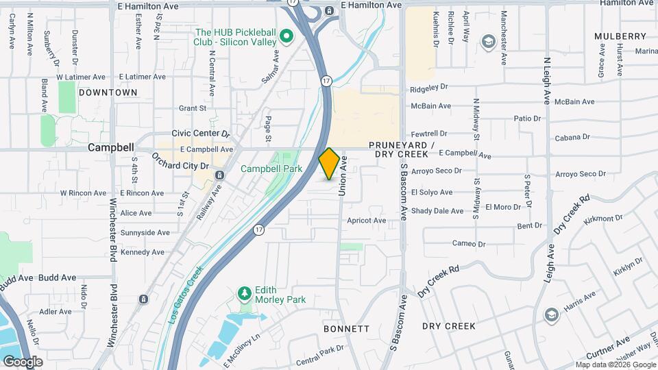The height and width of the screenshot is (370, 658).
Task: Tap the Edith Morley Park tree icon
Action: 244,294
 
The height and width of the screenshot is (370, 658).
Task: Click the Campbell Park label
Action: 271,169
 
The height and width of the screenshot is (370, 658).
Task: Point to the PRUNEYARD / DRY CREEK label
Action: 402,150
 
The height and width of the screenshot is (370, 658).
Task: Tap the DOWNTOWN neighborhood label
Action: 108,92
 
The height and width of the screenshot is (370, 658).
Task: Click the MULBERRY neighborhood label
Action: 620,36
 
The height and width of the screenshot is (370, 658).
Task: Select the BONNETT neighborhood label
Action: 347,329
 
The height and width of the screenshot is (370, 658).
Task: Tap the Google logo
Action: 23,361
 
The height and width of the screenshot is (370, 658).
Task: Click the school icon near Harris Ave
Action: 551,314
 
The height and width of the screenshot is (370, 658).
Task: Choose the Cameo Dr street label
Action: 469,243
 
